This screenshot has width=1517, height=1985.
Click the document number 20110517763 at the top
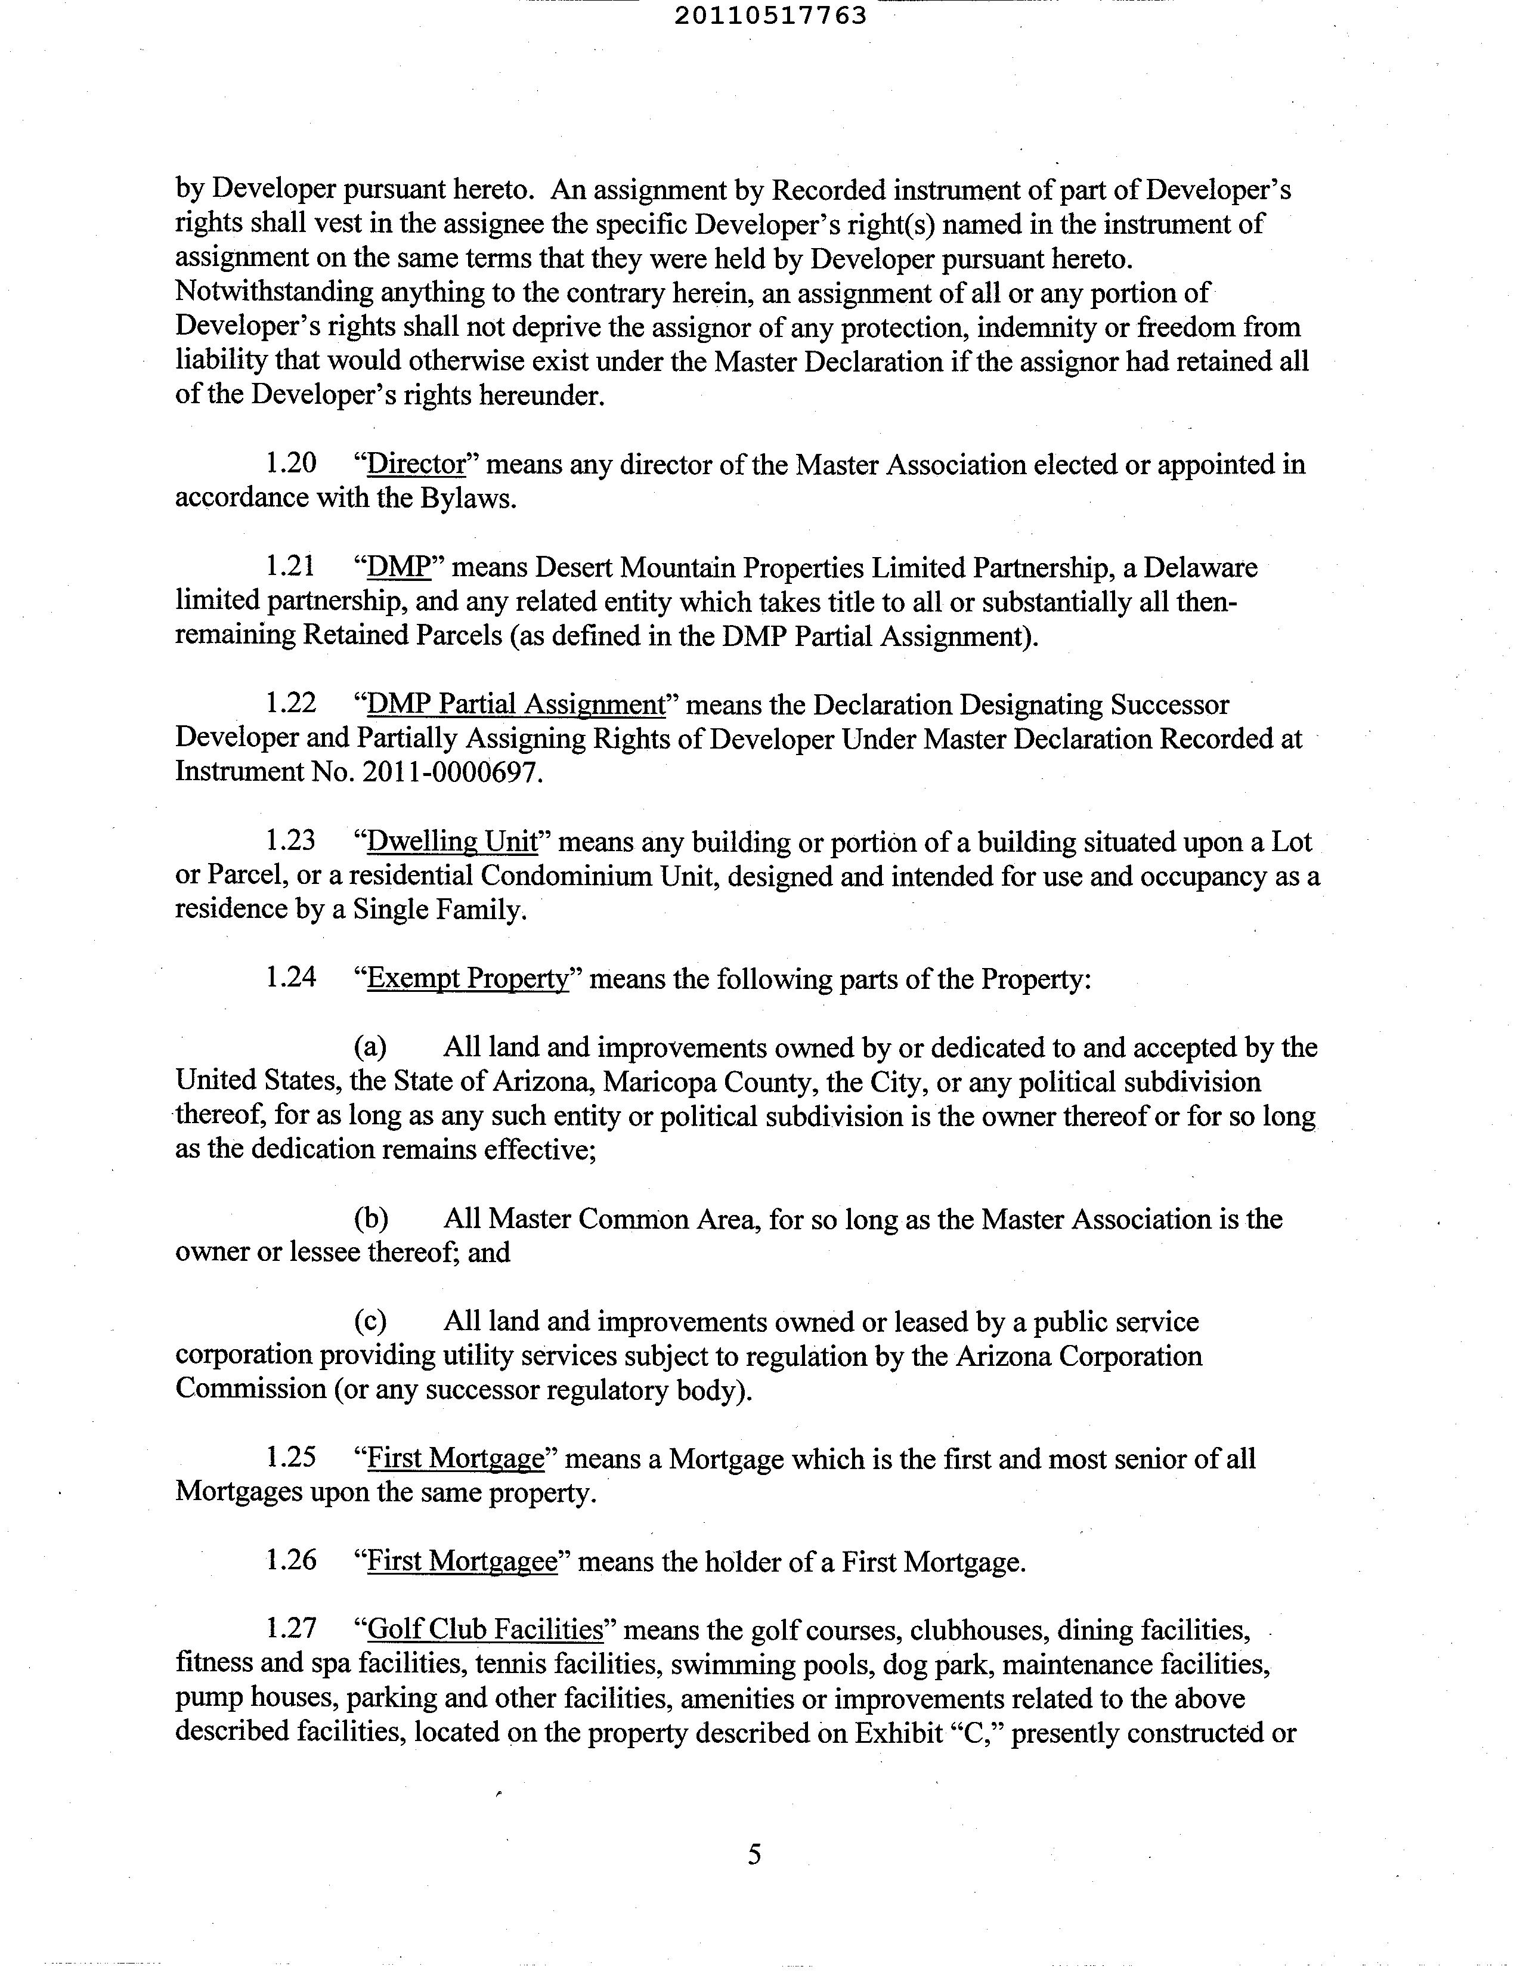(770, 16)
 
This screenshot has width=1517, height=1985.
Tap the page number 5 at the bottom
(755, 1854)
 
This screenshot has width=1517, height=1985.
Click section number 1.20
(291, 463)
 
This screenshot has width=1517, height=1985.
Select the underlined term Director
(416, 463)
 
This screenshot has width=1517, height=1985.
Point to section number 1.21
(291, 567)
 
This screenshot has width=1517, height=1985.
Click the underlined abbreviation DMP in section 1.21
(397, 567)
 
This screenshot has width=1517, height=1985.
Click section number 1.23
(291, 842)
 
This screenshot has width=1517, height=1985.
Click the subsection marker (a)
(370, 1047)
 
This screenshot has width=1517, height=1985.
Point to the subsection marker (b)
(370, 1219)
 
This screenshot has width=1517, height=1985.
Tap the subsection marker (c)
(370, 1322)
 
